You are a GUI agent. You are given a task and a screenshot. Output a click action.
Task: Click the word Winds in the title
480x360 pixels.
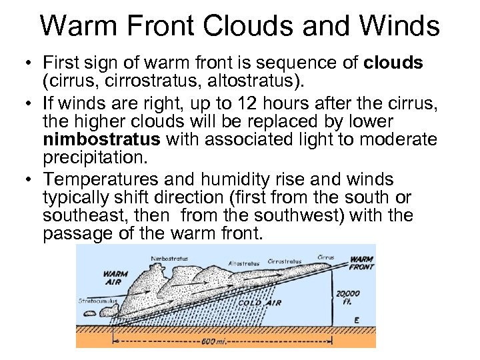[402, 27]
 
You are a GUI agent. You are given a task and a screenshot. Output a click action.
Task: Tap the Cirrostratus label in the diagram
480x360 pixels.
[285, 261]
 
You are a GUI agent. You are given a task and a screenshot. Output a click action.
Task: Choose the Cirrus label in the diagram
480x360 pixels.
[326, 255]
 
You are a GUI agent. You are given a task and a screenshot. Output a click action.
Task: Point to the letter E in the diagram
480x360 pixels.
[356, 320]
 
